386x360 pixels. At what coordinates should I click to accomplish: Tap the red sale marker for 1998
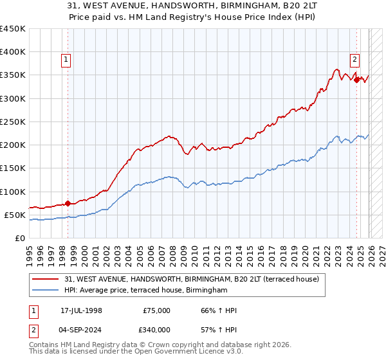tap(68, 203)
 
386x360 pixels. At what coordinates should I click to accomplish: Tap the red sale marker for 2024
tap(356, 80)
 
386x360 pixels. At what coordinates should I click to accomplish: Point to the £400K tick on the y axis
tap(13, 52)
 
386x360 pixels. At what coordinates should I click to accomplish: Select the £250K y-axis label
tap(13, 122)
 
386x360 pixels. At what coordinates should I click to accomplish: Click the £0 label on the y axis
tap(19, 238)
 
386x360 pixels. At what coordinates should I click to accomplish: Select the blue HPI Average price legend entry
tap(146, 291)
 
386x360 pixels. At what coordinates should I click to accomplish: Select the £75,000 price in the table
tap(156, 310)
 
